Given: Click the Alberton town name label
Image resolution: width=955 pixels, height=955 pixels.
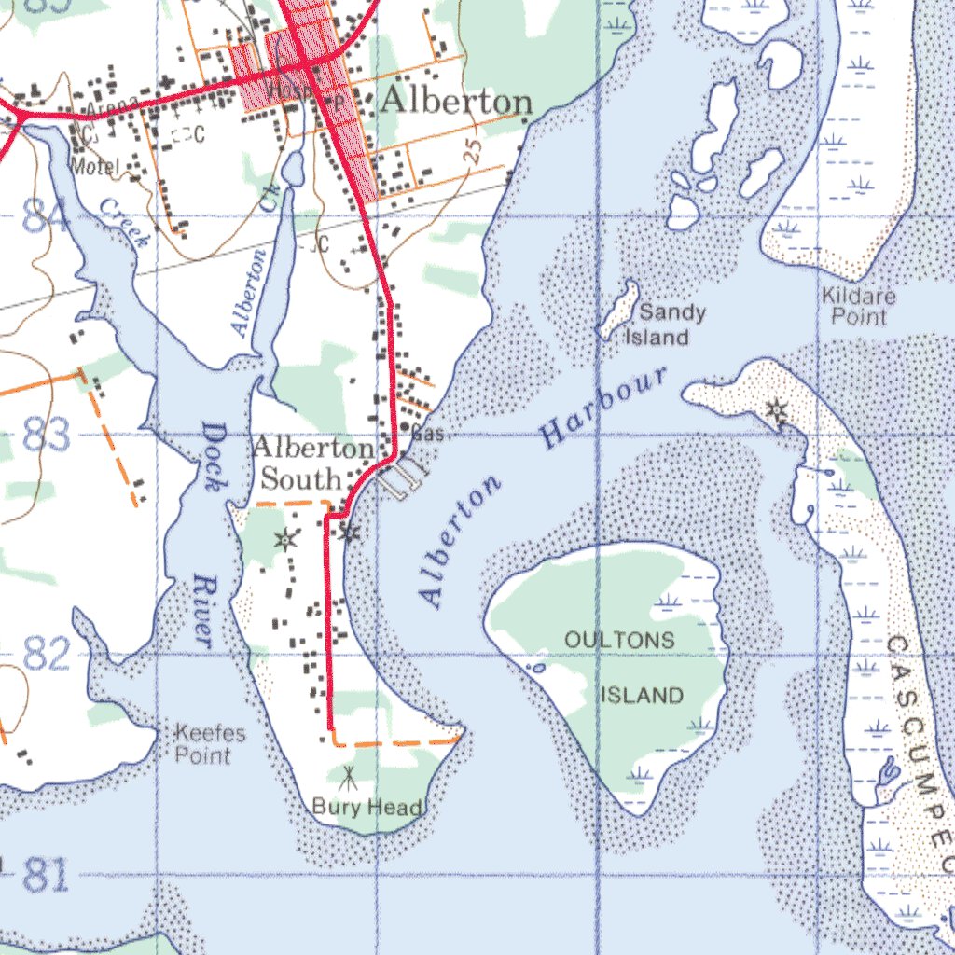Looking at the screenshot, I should [x=457, y=102].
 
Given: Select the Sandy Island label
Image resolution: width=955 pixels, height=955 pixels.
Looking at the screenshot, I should [x=665, y=325].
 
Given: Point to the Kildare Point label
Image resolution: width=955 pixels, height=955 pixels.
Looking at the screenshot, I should [x=859, y=307].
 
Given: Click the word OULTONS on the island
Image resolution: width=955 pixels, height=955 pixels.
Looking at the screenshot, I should [x=619, y=640].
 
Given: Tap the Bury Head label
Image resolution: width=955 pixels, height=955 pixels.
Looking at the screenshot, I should [x=367, y=807].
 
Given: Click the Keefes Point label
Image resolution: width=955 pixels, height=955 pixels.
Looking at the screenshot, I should [x=211, y=744].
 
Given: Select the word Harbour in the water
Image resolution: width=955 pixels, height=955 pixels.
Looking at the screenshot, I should [x=606, y=407].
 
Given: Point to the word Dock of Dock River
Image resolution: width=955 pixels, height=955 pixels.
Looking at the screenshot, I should [x=214, y=457].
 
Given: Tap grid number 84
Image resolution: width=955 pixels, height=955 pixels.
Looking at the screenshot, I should [x=45, y=219].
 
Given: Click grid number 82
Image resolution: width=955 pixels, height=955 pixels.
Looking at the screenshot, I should [x=47, y=656].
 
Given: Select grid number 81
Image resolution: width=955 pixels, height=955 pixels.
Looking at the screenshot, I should [x=47, y=875].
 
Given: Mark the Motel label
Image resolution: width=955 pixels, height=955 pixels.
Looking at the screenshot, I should [x=97, y=167].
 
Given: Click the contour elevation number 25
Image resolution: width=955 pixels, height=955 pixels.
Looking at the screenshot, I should [x=473, y=150].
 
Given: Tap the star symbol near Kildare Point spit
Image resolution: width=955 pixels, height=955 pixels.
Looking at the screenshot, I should [x=776, y=410].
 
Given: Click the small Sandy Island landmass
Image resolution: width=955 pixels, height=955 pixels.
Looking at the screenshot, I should [x=617, y=311].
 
